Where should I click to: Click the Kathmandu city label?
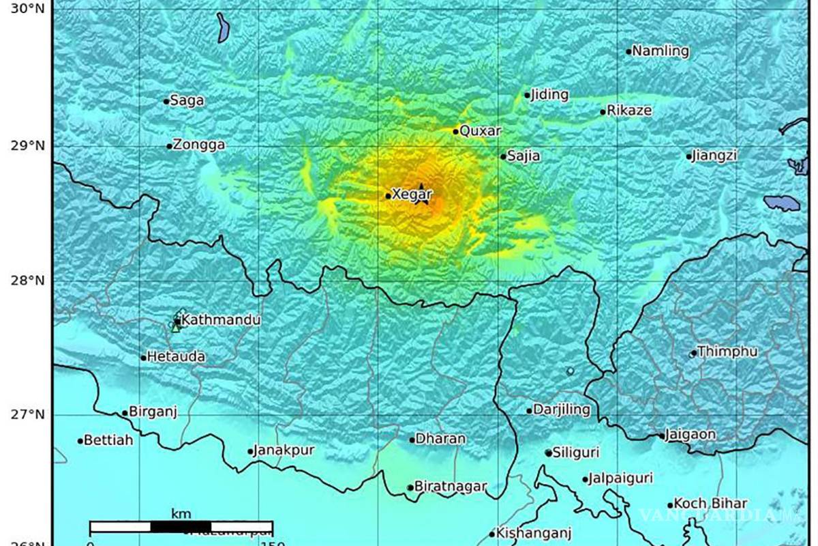[x=217, y=320]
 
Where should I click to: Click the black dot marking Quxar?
[x=456, y=131]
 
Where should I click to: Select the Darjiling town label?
[x=562, y=410]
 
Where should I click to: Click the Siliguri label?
[x=576, y=452]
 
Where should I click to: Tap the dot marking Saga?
[x=166, y=102]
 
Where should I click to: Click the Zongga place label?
[x=199, y=145]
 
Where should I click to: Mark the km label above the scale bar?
[x=181, y=514]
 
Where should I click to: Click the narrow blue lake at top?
[x=223, y=28]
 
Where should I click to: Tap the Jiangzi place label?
[x=714, y=156]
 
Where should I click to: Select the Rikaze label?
[x=629, y=111]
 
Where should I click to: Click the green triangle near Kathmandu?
[x=176, y=328]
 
